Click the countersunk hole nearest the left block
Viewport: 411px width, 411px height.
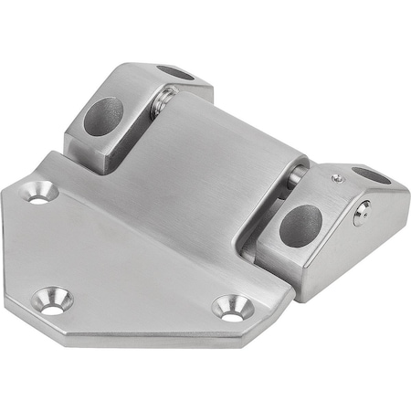click(38, 193)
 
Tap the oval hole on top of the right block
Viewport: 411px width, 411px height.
click(371, 175)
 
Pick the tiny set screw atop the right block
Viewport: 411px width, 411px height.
click(338, 179)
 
